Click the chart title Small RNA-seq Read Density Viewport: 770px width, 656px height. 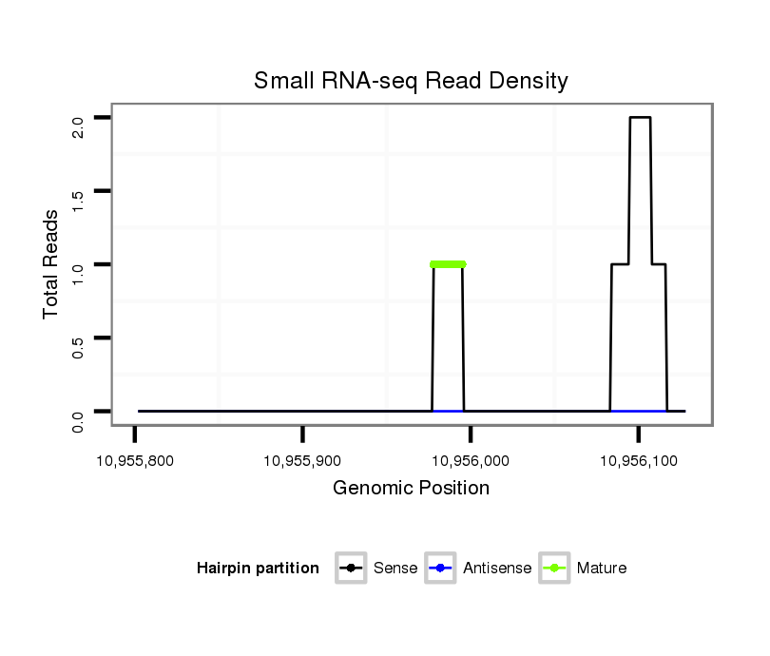point(411,81)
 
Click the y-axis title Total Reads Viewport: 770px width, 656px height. point(52,264)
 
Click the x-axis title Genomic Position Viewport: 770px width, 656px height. point(411,489)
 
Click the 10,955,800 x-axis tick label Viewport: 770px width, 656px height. point(135,460)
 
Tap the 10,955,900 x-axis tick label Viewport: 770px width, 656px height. point(302,460)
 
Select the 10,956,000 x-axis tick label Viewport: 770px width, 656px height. point(471,460)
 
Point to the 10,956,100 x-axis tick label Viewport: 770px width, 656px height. point(639,460)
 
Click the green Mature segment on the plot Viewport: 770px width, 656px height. point(448,263)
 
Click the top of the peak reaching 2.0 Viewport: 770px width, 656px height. point(640,118)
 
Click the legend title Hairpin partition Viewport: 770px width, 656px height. point(258,569)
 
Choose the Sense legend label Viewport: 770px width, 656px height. point(395,569)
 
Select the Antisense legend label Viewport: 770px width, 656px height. point(497,569)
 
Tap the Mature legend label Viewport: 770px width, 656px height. point(602,569)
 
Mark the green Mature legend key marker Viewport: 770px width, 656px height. point(554,569)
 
